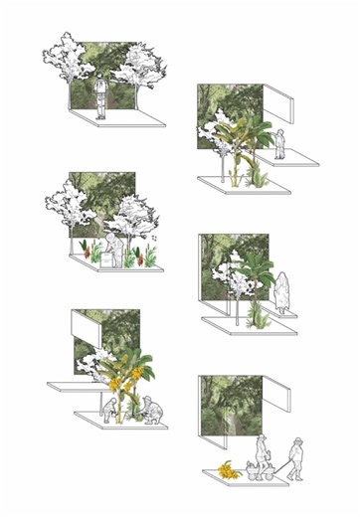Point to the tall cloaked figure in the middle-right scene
(x=284, y=293)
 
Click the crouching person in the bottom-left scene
(x=151, y=411)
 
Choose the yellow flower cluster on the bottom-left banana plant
(x=116, y=381)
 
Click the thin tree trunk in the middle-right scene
(x=234, y=303)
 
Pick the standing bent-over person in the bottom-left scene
(x=110, y=408)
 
